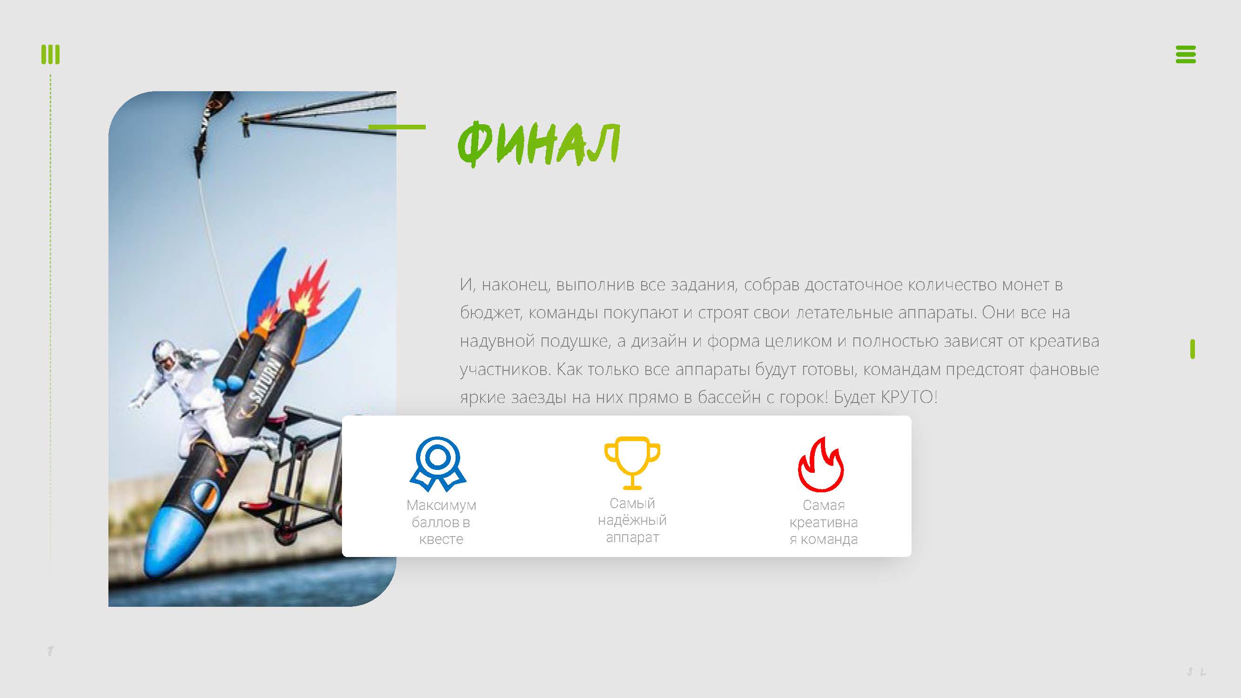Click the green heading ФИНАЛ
click(x=538, y=143)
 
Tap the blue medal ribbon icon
click(x=437, y=464)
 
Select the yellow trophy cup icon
click(x=632, y=463)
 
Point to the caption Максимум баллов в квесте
click(x=441, y=522)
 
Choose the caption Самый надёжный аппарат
click(x=632, y=520)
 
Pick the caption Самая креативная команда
click(x=823, y=522)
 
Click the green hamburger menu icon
click(x=1186, y=54)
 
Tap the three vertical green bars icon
click(x=51, y=54)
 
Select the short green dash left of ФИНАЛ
click(x=397, y=127)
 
